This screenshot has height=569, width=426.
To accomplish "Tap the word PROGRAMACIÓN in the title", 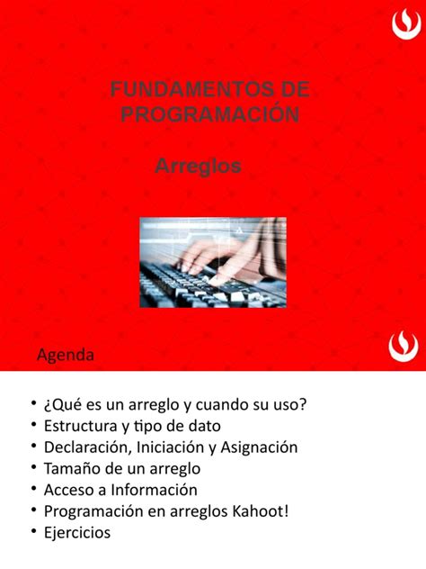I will tap(209, 114).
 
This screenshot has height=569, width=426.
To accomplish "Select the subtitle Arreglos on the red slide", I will tap(199, 167).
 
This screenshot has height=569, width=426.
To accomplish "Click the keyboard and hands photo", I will tap(213, 262).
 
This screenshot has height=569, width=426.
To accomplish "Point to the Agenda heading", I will tap(65, 355).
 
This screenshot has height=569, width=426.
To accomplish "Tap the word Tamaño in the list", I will tap(71, 468).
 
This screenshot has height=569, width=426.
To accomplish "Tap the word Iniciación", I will tap(172, 447).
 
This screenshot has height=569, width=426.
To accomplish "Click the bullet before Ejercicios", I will tap(34, 533).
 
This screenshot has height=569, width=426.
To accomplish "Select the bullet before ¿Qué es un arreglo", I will tap(34, 403).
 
